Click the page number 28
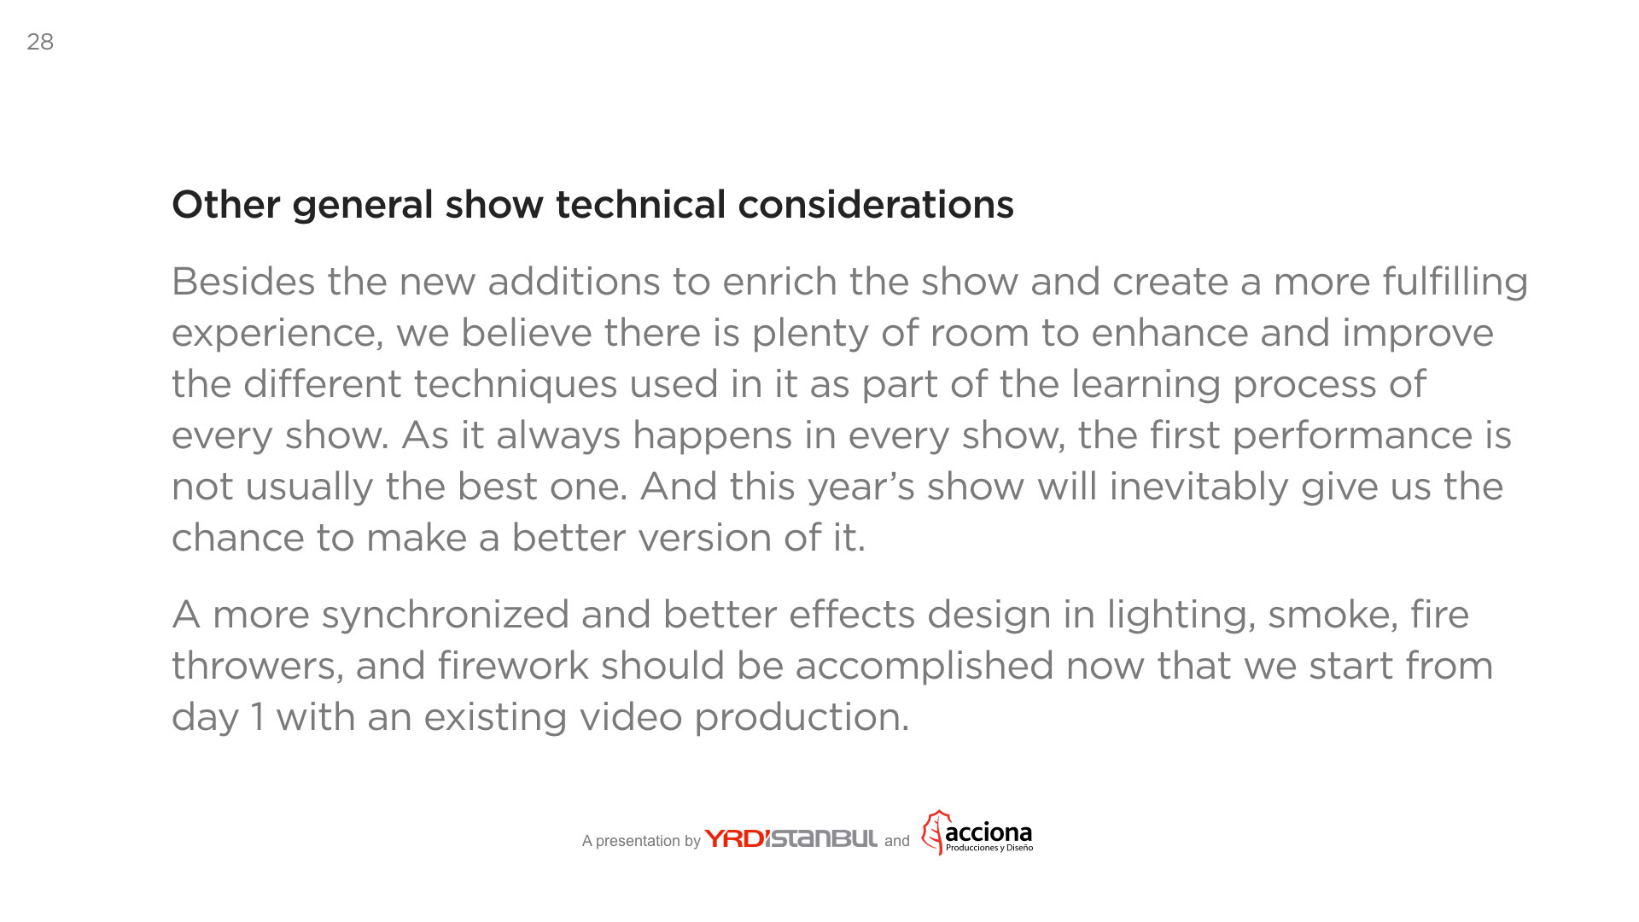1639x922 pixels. pos(40,42)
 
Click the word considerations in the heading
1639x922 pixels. pos(876,205)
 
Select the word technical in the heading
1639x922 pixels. pos(640,205)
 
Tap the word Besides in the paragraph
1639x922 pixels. pos(243,282)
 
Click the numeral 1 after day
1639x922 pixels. pos(257,717)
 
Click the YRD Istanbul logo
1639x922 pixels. pos(790,838)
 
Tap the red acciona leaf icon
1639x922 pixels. pos(935,832)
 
